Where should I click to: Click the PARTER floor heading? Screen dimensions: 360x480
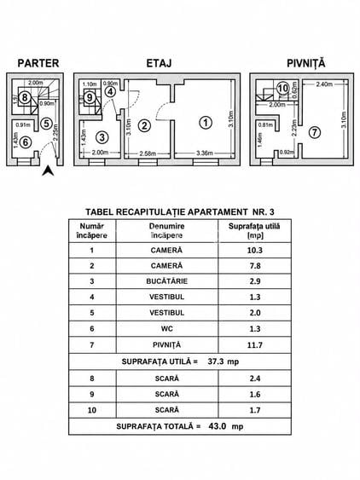click(38, 63)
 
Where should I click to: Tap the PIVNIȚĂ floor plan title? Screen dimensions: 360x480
click(305, 63)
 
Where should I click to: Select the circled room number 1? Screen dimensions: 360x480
click(206, 123)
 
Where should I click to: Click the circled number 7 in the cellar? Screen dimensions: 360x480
click(314, 132)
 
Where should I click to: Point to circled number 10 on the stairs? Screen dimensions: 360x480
click(282, 89)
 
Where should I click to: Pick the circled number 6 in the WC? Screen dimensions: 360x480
click(26, 142)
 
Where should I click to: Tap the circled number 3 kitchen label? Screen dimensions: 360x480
click(102, 137)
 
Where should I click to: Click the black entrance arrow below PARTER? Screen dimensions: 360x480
click(48, 171)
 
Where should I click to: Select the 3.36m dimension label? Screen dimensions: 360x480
click(204, 153)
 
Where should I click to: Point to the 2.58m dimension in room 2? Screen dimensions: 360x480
click(148, 153)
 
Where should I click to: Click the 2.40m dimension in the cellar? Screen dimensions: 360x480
click(324, 84)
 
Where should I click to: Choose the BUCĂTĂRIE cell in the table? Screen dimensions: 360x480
click(167, 281)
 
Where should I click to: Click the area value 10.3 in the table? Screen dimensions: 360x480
click(255, 251)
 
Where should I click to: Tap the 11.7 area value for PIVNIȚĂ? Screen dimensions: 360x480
click(255, 345)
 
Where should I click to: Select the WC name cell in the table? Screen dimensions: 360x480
click(167, 329)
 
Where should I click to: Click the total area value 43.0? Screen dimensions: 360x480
click(218, 426)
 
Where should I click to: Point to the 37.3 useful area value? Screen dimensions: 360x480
click(216, 361)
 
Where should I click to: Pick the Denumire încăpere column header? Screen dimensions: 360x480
click(167, 231)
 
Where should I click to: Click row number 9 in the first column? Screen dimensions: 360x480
click(92, 394)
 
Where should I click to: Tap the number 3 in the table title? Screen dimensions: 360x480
click(271, 211)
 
